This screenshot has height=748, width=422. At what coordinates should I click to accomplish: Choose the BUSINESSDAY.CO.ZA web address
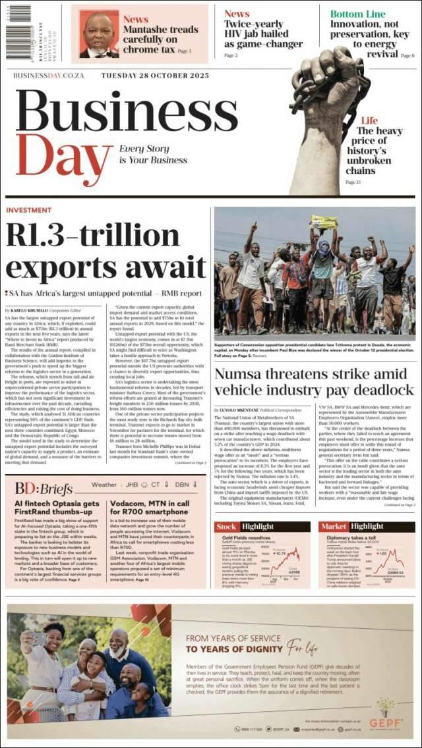pos(49,76)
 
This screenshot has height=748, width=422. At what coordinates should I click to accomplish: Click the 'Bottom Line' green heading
pos(357,14)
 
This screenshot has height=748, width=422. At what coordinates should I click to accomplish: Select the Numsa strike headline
pos(314,382)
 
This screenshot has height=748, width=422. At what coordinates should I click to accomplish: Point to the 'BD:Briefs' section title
pos(44,488)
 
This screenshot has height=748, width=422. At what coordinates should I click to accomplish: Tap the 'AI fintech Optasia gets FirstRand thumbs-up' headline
pos(57,508)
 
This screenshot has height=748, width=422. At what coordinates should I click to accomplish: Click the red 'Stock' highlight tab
pos(226,527)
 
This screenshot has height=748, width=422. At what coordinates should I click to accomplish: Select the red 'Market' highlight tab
pos(333,527)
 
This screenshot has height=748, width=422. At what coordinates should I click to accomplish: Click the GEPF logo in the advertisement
pos(382,710)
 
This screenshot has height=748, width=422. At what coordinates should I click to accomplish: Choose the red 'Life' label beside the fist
pos(369,120)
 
